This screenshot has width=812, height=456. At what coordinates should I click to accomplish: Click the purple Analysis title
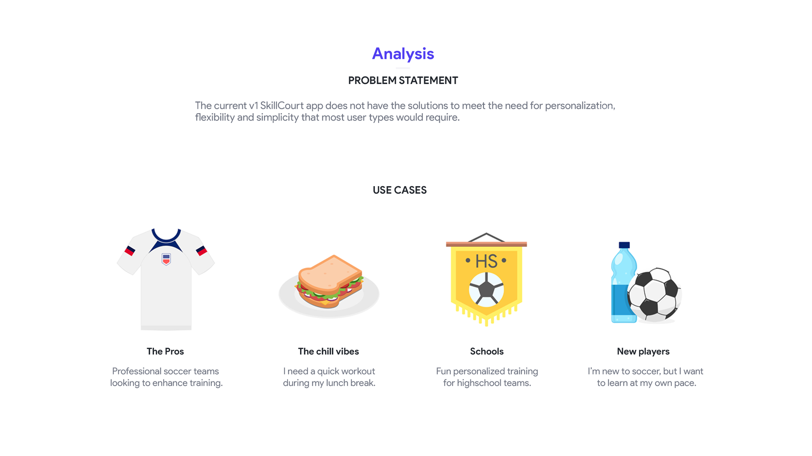[403, 54]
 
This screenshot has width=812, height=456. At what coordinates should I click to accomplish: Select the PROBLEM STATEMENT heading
[403, 80]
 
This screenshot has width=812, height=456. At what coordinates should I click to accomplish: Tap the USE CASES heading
[400, 190]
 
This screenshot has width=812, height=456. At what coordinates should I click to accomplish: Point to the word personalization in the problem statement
[580, 106]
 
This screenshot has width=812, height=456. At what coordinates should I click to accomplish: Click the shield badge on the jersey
[166, 259]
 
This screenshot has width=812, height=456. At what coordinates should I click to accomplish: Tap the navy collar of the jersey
[166, 237]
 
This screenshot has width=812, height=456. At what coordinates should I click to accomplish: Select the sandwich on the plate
[329, 281]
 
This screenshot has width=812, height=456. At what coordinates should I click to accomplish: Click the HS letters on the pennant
[486, 261]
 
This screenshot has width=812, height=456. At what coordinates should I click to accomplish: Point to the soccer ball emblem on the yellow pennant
[486, 289]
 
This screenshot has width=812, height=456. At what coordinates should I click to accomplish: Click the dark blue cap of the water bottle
[624, 245]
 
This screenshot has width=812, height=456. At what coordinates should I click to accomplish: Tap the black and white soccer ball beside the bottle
[654, 295]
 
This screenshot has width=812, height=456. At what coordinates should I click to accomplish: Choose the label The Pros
[165, 351]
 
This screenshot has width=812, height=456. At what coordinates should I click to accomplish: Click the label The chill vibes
[328, 351]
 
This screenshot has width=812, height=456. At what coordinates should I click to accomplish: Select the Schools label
[487, 351]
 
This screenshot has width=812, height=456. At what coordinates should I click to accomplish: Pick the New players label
[643, 352]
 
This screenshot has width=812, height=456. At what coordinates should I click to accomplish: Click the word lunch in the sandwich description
[337, 383]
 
